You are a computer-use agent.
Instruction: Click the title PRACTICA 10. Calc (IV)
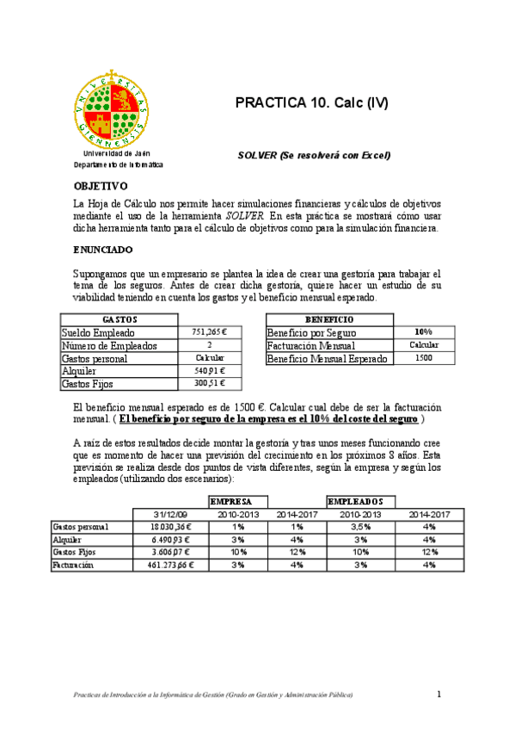coord(311,103)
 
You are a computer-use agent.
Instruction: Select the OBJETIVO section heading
coord(101,185)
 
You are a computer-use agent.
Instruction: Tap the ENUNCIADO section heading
coord(103,250)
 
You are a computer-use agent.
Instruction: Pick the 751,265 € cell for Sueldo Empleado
coord(211,332)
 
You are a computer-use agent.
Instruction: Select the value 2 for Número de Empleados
coord(211,345)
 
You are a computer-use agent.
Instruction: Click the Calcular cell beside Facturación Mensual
coord(423,345)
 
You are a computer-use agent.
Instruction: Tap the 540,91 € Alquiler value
coord(211,371)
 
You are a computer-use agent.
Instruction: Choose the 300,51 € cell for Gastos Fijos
coord(211,384)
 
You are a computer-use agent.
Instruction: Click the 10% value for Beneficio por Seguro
coord(423,332)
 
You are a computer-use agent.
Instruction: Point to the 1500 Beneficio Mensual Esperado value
coord(423,358)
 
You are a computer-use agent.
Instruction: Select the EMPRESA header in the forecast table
coord(230,501)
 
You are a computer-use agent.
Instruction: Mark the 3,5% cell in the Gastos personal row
coord(361,527)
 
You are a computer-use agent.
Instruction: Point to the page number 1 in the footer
coord(438,695)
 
